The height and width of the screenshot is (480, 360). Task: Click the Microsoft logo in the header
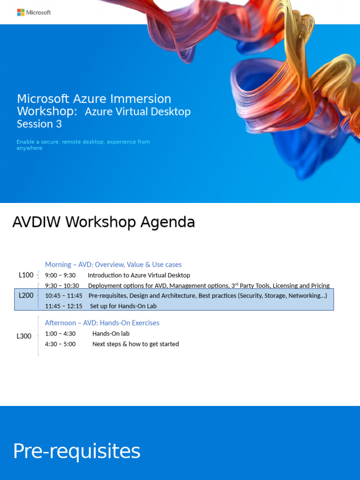[34, 12]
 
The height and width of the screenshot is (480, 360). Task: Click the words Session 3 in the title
[39, 124]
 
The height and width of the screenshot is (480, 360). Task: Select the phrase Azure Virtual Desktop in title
[137, 112]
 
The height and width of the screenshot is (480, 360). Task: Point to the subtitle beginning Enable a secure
[83, 145]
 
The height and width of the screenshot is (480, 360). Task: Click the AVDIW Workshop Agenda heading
[103, 222]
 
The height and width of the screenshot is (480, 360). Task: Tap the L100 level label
[26, 275]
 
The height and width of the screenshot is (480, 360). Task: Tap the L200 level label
[26, 295]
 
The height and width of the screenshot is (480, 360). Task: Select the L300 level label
[24, 336]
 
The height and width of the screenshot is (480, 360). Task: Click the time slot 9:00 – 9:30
[60, 275]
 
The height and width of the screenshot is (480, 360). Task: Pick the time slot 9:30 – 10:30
[62, 285]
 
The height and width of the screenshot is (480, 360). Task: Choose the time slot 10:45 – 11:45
[63, 296]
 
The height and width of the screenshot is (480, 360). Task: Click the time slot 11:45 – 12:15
[63, 306]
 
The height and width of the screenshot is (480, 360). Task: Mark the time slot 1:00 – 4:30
[60, 334]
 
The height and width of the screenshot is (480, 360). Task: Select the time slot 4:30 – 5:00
[60, 344]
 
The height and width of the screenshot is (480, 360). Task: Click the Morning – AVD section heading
[113, 265]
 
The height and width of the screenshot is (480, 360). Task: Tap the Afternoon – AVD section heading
[102, 323]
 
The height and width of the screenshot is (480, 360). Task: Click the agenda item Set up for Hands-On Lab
[123, 306]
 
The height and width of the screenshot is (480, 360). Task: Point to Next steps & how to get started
[135, 344]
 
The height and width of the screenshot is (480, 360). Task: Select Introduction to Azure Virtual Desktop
[139, 275]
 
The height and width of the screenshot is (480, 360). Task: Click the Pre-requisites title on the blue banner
[76, 451]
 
